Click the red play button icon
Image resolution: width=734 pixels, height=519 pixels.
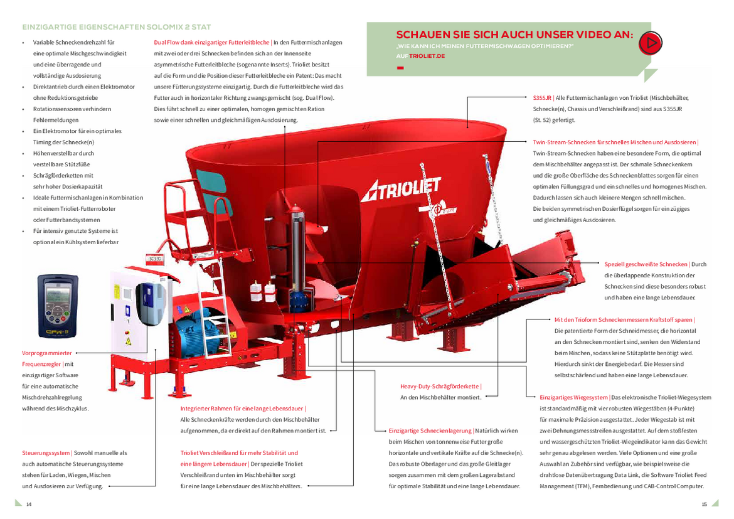tap(650, 43)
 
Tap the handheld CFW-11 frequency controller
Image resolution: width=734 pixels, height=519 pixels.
tap(58, 306)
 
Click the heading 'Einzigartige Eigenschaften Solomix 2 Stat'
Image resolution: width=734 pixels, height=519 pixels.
tap(117, 27)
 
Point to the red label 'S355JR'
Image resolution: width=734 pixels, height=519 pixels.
tap(542, 98)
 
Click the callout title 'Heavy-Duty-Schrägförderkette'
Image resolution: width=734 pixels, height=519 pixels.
tap(440, 387)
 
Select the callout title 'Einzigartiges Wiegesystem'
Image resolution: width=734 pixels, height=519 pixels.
tap(574, 397)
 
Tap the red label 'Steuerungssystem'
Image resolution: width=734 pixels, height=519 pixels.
tap(46, 453)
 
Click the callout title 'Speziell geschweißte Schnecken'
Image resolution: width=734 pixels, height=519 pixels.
tap(646, 264)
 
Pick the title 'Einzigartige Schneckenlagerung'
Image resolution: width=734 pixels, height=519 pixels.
tap(430, 431)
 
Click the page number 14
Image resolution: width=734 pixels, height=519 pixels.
tap(29, 505)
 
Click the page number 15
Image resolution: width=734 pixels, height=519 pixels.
tap(705, 505)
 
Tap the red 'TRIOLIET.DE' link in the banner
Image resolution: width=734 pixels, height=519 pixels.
tap(427, 56)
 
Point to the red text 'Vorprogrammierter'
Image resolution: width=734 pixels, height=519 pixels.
tap(47, 353)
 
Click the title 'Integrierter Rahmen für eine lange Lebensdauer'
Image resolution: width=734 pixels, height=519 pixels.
tap(242, 409)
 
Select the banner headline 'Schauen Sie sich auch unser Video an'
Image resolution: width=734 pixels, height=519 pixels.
tap(514, 35)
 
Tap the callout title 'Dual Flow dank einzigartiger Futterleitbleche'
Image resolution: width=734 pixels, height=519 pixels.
tap(211, 42)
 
